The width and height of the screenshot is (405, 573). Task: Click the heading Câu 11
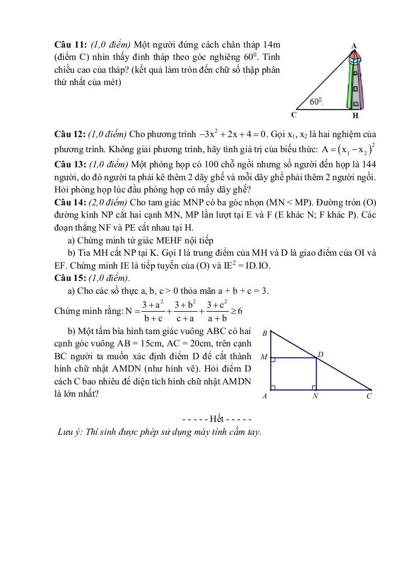(x=70, y=44)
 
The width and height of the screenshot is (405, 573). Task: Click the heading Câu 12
(x=70, y=134)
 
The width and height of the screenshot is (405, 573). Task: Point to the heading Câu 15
(x=70, y=278)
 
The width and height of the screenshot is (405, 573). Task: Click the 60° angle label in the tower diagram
(x=317, y=101)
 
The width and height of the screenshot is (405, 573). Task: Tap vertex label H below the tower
(x=355, y=116)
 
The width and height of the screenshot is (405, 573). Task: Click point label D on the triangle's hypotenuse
(x=320, y=354)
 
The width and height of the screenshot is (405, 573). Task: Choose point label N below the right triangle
(x=315, y=396)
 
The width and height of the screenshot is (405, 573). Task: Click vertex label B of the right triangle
(x=264, y=332)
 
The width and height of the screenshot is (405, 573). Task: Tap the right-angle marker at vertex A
(x=273, y=387)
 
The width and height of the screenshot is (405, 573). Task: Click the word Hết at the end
(x=217, y=419)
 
